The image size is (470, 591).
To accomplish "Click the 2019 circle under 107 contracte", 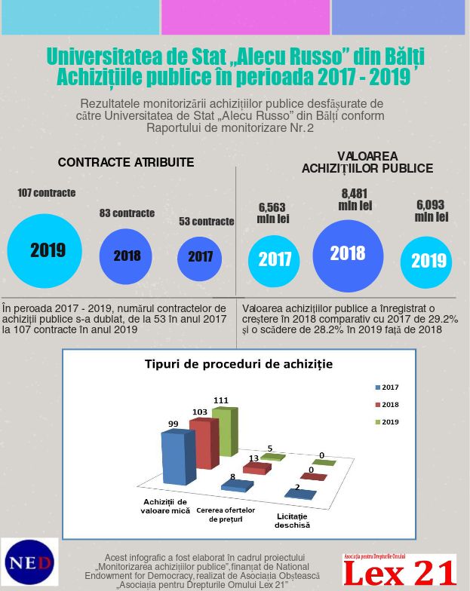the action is (x=45, y=251).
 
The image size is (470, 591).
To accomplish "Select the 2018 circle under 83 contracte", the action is (x=125, y=256).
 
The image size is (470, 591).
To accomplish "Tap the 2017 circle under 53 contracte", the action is (x=199, y=259).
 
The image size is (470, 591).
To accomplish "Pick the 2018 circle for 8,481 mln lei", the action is (x=349, y=256).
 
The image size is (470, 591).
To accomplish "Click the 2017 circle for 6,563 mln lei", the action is (x=274, y=261).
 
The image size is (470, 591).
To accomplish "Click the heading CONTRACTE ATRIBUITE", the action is (x=126, y=163).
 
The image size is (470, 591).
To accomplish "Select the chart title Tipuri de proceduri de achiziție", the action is (x=238, y=365).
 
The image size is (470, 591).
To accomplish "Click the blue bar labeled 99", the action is (x=178, y=457).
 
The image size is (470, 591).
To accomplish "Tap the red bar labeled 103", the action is (x=204, y=443).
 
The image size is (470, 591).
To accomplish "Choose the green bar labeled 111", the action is (x=225, y=431).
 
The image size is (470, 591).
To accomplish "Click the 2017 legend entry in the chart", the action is (x=387, y=387).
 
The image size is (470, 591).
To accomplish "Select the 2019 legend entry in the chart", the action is (x=387, y=422).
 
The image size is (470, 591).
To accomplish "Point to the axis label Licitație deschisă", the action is (x=293, y=520).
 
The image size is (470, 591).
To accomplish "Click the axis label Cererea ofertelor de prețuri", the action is (x=226, y=514).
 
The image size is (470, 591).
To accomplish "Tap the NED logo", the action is (x=30, y=562).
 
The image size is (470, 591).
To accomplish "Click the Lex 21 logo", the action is (x=400, y=570).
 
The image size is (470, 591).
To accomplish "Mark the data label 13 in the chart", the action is (x=253, y=458).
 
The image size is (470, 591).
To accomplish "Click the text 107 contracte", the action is (x=47, y=193).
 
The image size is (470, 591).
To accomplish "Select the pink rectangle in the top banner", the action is (x=246, y=17).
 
